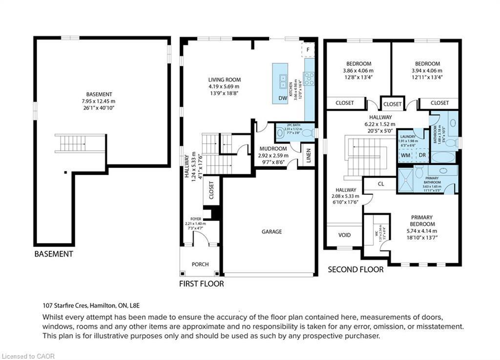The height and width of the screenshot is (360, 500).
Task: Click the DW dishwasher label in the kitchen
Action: tap(282, 98)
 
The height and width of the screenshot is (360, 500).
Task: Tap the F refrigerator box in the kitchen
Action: tap(309, 50)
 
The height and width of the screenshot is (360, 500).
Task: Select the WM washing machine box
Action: tap(406, 155)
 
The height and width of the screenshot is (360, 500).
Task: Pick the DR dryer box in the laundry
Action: tap(421, 155)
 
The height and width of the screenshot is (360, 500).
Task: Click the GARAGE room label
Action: tap(271, 232)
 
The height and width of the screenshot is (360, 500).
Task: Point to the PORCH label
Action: tap(200, 264)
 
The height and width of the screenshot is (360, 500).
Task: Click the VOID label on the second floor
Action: tap(344, 235)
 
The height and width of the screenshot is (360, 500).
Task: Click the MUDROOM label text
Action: tap(273, 148)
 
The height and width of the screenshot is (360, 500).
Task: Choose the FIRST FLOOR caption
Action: tap(202, 283)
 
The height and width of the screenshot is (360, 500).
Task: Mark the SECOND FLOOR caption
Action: tap(355, 269)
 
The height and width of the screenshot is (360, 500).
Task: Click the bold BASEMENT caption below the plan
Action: tap(54, 254)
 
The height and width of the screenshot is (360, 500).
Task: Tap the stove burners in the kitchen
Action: tap(309, 79)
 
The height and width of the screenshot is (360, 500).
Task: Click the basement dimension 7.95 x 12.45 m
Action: tap(99, 101)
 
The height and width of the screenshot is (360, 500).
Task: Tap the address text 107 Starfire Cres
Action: tap(66, 306)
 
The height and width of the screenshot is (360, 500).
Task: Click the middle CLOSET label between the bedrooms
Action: tap(393, 104)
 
